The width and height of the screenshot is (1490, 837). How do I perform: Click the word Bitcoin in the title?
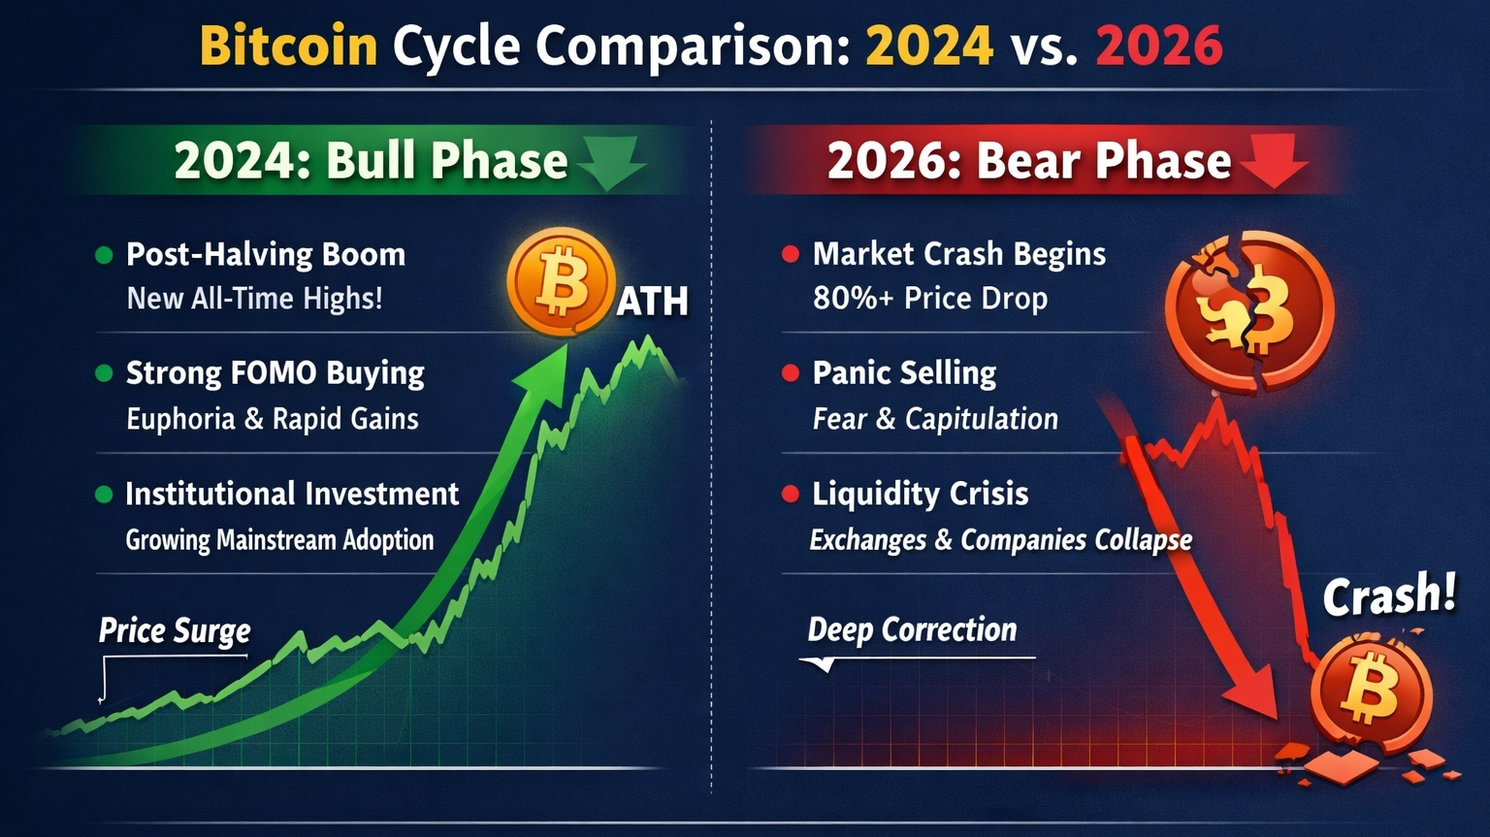[x=289, y=46]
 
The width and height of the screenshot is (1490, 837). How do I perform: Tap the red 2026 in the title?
[x=1159, y=46]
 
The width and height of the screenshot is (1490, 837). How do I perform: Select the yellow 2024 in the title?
[x=929, y=46]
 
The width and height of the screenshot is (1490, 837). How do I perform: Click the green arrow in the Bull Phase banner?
[x=611, y=163]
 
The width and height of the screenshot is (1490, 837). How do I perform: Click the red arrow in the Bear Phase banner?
[x=1274, y=161]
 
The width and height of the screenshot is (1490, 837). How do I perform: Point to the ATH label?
[x=652, y=302]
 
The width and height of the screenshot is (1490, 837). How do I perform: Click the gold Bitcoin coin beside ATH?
[x=560, y=280]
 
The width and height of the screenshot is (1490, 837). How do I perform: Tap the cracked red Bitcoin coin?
[x=1249, y=312]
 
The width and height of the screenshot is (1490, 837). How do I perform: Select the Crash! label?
[x=1389, y=594]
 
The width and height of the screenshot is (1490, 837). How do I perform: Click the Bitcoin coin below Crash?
[x=1371, y=692]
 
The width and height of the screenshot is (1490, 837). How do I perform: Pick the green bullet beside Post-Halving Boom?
[x=104, y=255]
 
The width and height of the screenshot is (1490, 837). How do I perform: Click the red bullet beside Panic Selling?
[x=791, y=373]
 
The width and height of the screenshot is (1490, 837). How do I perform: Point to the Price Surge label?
[x=175, y=631]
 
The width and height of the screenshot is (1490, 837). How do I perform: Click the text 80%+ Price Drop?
[x=930, y=299]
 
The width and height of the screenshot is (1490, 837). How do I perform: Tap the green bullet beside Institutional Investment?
[x=104, y=495]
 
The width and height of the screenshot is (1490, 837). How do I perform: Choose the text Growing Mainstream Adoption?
[x=279, y=540]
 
